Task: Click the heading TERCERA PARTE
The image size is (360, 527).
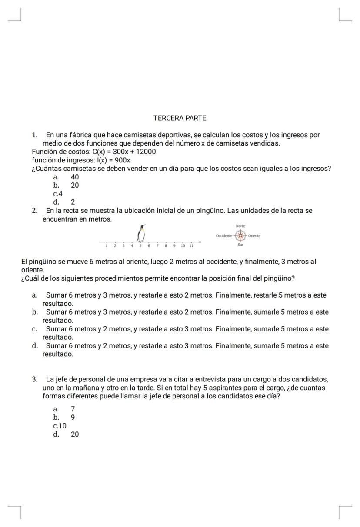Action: pos(180,118)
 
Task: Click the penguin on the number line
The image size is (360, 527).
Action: pos(141,233)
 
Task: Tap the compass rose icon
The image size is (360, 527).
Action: pos(240,236)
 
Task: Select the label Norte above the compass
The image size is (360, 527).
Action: pos(240,226)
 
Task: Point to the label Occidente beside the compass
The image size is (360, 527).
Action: pos(224,236)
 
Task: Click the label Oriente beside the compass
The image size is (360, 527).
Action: pos(254,236)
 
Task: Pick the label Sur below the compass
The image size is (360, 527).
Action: pos(240,245)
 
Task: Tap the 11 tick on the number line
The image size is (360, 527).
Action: pos(191,246)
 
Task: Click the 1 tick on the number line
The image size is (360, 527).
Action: pos(107,246)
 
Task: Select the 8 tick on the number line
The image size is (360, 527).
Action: pos(166,246)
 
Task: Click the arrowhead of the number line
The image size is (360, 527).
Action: pos(200,242)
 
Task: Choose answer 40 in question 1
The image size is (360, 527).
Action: pos(75,177)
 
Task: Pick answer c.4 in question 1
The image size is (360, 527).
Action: pos(58,193)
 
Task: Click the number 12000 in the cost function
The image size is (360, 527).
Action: pos(145,152)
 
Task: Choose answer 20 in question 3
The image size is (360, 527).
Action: pos(75,434)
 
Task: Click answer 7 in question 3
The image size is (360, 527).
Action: pos(73,409)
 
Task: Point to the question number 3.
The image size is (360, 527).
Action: pos(34,379)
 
